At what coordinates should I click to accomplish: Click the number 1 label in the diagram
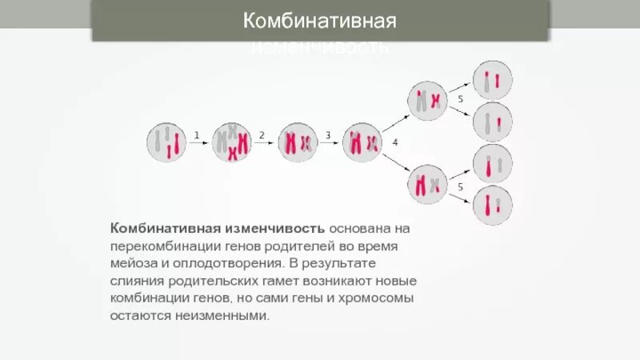coord(197,135)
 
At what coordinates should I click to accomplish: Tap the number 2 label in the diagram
coord(262,135)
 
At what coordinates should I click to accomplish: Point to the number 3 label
coord(327,135)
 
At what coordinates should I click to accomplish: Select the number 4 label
coord(394,142)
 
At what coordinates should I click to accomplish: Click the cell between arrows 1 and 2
coord(231,143)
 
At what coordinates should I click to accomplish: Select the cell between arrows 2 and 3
coord(297,143)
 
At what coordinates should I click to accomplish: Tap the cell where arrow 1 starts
coord(166,143)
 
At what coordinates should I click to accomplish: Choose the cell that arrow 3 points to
coord(362,143)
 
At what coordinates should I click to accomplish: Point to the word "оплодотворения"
coord(221,262)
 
